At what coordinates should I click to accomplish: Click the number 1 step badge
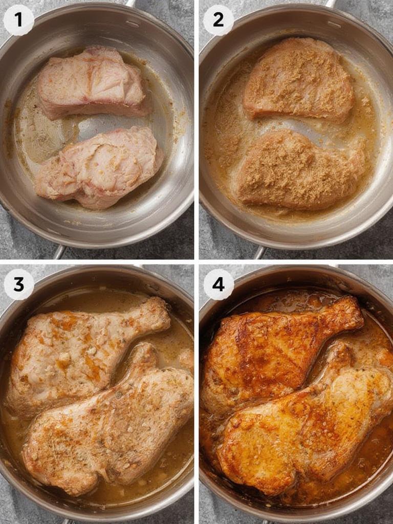18,20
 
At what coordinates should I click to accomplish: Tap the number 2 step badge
219,20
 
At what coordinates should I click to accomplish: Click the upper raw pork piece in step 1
92,82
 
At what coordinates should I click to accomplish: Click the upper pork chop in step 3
77,348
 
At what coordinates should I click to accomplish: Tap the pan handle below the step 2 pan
260,252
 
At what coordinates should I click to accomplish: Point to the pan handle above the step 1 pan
130,3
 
